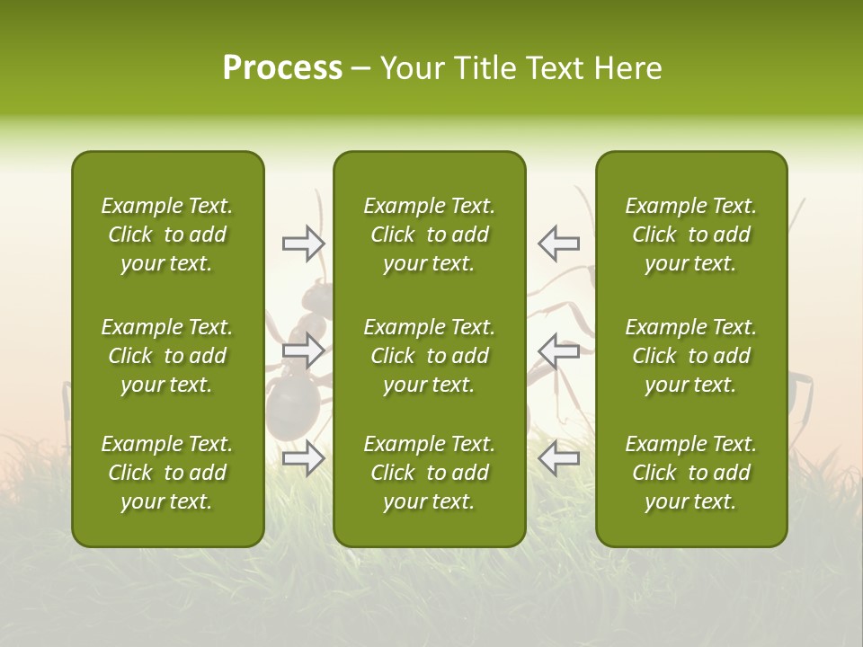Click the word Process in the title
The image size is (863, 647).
[x=282, y=68]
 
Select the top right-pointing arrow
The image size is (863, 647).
[x=304, y=243]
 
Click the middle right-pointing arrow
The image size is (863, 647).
[x=304, y=350]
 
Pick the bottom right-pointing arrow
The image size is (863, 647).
[x=304, y=458]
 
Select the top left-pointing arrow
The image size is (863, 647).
[x=558, y=243]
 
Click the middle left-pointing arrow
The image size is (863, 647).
[x=558, y=350]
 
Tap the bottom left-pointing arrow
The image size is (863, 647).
[x=558, y=458]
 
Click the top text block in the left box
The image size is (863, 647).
[x=167, y=235]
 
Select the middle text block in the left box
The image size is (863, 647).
[x=167, y=356]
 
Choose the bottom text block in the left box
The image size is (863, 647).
[x=167, y=473]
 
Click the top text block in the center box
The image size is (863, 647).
[x=430, y=235]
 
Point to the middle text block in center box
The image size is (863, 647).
[x=430, y=356]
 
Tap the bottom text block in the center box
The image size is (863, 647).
[x=430, y=473]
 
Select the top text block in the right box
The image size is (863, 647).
[x=691, y=235]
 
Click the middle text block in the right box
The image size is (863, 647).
[x=691, y=356]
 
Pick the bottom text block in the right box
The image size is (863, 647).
[x=691, y=473]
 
